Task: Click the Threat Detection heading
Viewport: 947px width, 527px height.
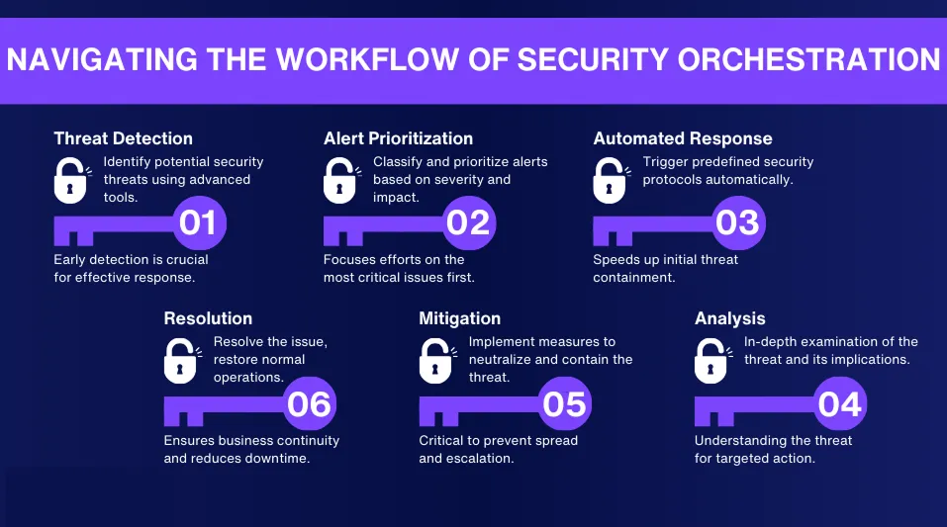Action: [123, 138]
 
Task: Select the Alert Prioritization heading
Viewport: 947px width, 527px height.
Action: [398, 138]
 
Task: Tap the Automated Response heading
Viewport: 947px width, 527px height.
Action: [682, 138]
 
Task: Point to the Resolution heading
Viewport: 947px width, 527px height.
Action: [208, 318]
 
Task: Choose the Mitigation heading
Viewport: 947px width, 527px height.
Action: [459, 318]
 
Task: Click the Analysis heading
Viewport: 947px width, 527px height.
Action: [731, 318]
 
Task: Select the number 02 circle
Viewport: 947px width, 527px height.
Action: [468, 222]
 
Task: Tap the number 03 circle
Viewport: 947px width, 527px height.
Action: [737, 222]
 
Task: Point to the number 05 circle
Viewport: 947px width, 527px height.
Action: [564, 403]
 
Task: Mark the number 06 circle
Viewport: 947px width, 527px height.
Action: [309, 403]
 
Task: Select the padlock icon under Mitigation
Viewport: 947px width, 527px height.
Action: [437, 361]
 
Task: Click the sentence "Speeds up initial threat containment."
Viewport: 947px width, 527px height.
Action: [665, 268]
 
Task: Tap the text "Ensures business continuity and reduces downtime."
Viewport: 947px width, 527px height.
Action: [251, 449]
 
